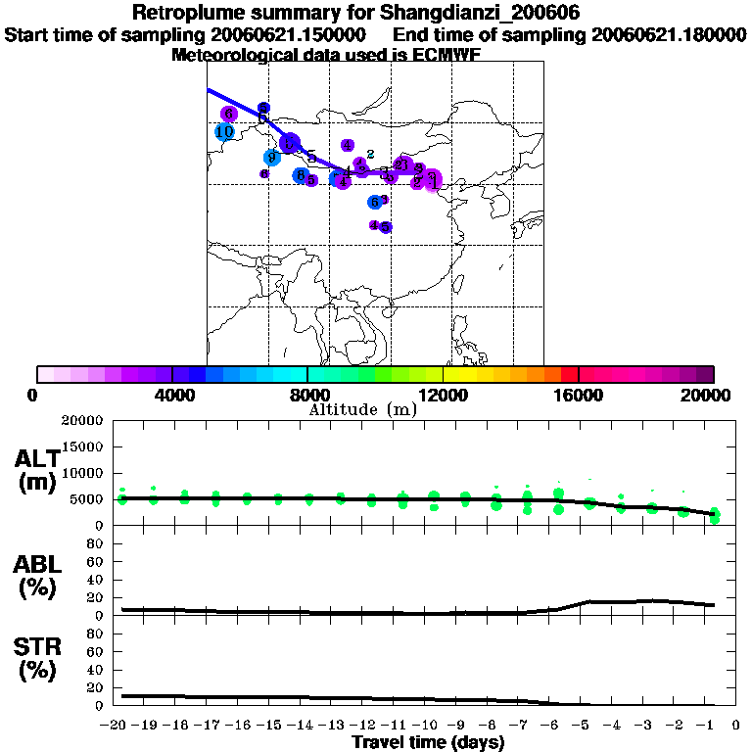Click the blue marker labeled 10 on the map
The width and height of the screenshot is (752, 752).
tap(224, 131)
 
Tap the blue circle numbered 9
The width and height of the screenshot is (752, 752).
tap(272, 158)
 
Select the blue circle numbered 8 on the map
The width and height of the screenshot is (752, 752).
tap(301, 175)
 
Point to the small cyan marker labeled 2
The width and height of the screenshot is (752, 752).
tap(371, 153)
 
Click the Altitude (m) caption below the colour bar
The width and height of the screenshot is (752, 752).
tap(362, 409)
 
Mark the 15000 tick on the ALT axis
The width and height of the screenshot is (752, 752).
tap(82, 447)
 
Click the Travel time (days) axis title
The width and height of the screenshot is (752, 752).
tap(428, 742)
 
